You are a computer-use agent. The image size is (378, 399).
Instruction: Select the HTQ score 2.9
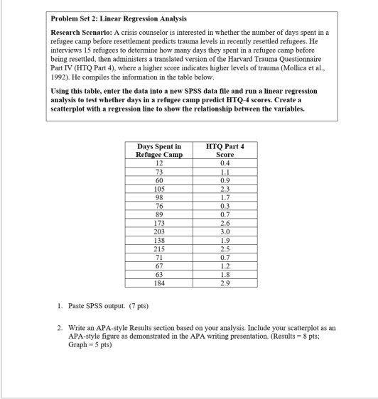pos(225,281)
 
